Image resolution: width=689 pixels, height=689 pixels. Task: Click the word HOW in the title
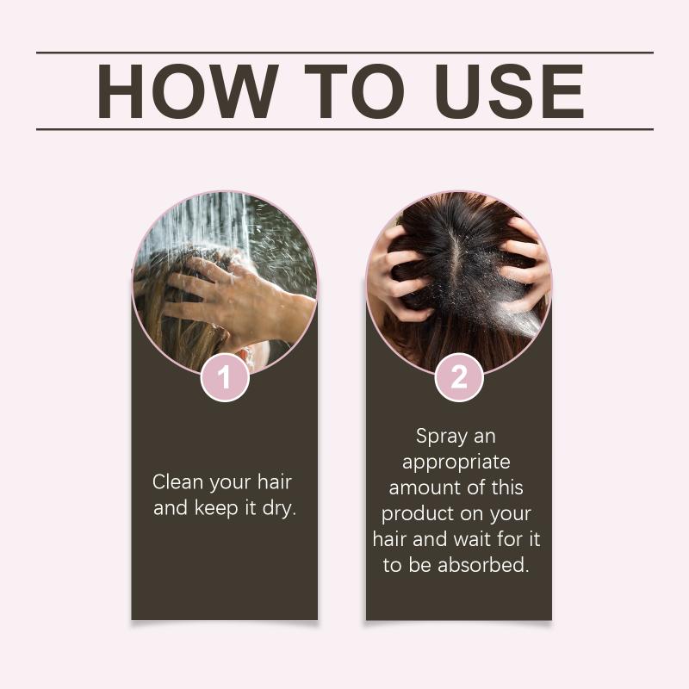click(188, 91)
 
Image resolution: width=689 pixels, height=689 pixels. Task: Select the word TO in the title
click(354, 91)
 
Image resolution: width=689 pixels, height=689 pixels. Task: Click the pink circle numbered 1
click(225, 377)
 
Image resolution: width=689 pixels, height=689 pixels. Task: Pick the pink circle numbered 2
click(459, 377)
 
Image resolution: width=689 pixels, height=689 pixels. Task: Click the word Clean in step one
click(178, 482)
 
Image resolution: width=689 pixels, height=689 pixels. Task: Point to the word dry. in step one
click(279, 509)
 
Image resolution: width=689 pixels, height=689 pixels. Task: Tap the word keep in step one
click(216, 509)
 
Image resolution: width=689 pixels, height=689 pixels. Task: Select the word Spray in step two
click(441, 438)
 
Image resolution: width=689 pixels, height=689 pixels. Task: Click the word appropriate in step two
click(456, 462)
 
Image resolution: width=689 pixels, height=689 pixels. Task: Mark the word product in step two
click(418, 514)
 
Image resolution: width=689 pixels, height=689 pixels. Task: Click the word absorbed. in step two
click(483, 565)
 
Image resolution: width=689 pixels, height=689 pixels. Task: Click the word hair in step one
click(275, 482)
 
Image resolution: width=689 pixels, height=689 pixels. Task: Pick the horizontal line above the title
click(344, 53)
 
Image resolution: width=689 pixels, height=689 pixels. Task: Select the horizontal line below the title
click(344, 130)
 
